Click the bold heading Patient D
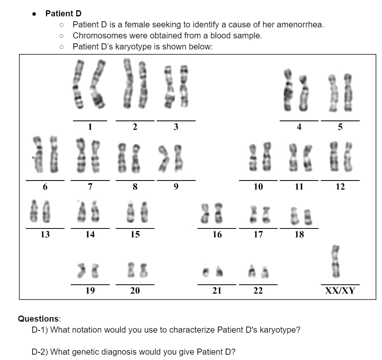point(63,14)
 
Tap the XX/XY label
point(340,291)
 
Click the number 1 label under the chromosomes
point(90,127)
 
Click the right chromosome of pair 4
point(303,93)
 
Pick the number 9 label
point(176,187)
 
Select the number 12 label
point(340,187)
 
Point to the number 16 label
point(217,235)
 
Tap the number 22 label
point(258,291)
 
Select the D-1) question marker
point(40,330)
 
